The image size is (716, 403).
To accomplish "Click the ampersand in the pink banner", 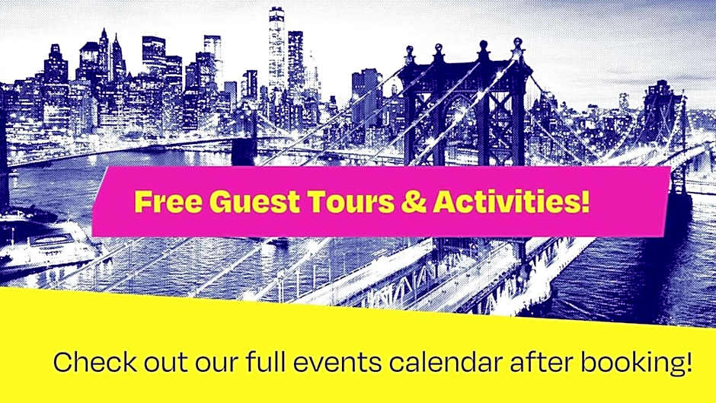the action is pos(414,201).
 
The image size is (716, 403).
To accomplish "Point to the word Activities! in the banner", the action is pos(511,201).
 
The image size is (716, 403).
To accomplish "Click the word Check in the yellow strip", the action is pos(95,363).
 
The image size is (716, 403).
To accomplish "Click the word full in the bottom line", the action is pos(265,363).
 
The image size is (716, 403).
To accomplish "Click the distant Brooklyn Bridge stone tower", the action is pos(244,137).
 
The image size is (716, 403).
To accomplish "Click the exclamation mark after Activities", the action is pos(586,201).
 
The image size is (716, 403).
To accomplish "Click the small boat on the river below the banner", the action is pos(277,241).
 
